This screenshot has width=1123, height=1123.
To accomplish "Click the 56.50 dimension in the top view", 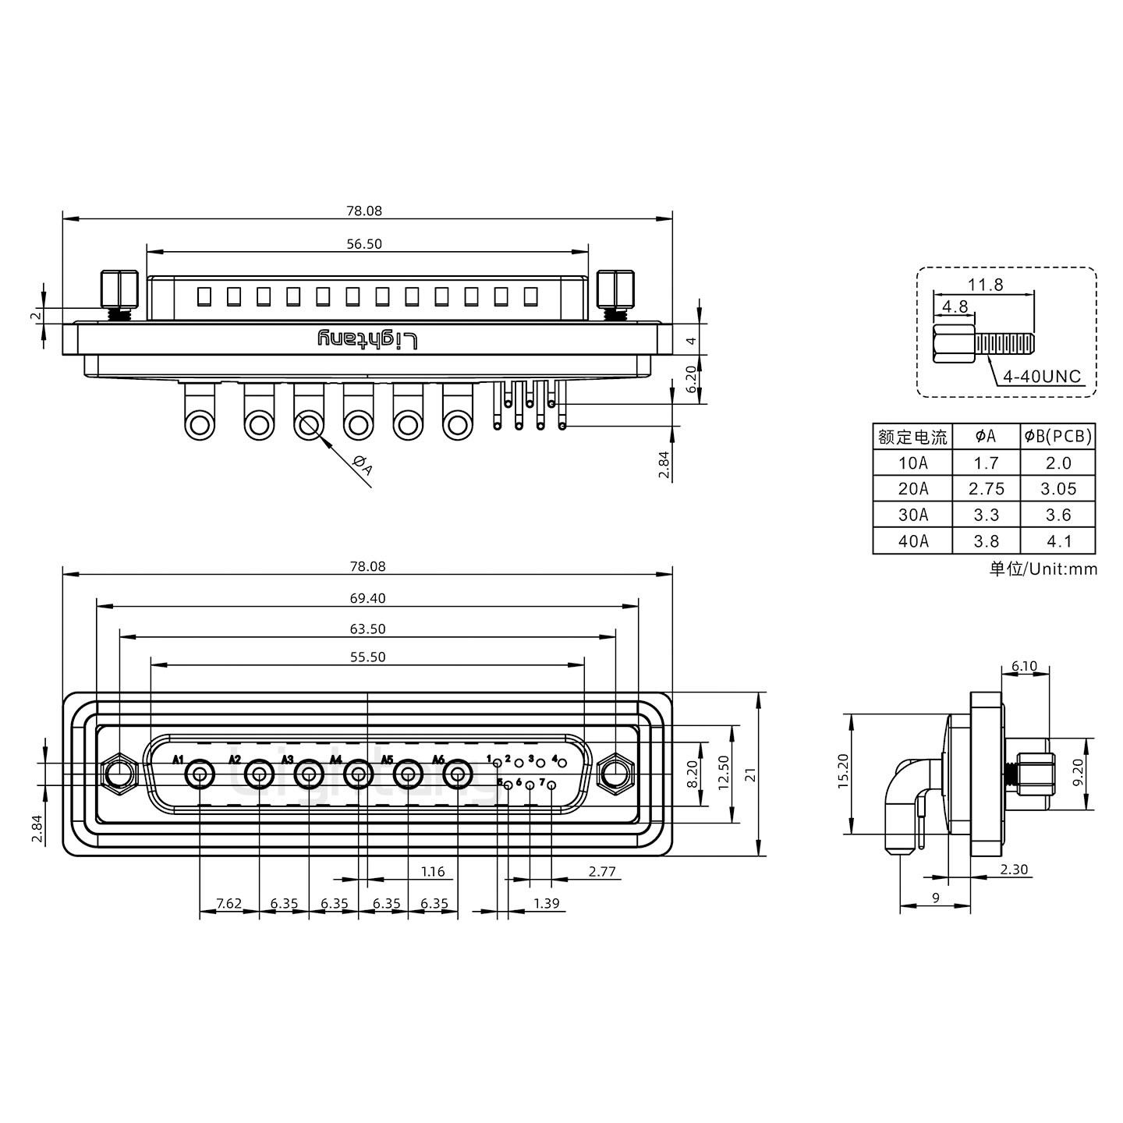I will click(363, 244).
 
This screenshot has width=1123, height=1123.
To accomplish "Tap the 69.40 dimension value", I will click(367, 598).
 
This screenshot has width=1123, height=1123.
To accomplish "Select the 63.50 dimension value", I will click(367, 629).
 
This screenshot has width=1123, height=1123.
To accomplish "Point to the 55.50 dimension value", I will click(367, 657).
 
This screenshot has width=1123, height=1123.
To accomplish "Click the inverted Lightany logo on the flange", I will click(367, 339).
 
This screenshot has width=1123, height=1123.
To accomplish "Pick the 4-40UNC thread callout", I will click(1041, 377).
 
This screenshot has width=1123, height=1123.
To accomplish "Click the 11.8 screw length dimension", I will click(986, 285).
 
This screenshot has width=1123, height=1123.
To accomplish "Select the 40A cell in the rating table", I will click(912, 541).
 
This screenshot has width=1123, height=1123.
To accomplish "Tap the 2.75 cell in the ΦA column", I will click(986, 489).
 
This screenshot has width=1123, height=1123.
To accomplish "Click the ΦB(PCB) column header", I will click(1057, 437).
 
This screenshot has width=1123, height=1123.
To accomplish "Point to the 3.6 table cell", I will click(1057, 515).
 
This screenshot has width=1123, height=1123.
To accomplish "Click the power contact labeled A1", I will click(200, 776).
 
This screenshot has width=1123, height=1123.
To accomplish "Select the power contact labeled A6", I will click(458, 776).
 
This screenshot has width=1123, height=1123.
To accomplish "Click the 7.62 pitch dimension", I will click(228, 904).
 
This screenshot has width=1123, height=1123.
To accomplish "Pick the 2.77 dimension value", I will click(602, 872).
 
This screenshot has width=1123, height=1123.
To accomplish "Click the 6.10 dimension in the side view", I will click(1024, 666).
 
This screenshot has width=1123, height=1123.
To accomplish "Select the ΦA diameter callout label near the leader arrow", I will click(363, 466).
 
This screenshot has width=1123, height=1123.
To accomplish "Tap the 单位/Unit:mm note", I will click(1043, 569).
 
